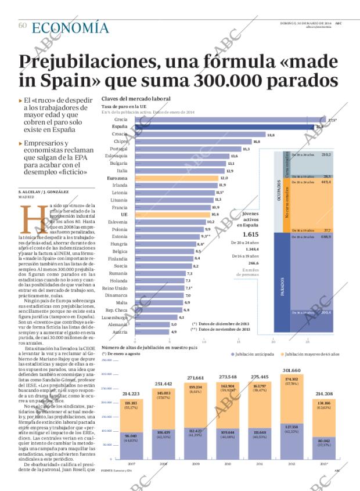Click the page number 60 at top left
[23, 26]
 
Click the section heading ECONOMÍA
[70, 27]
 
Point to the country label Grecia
[121, 119]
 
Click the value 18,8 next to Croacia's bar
[271, 134]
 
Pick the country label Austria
[121, 331]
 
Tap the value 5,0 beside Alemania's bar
[173, 324]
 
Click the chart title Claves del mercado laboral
[135, 99]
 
